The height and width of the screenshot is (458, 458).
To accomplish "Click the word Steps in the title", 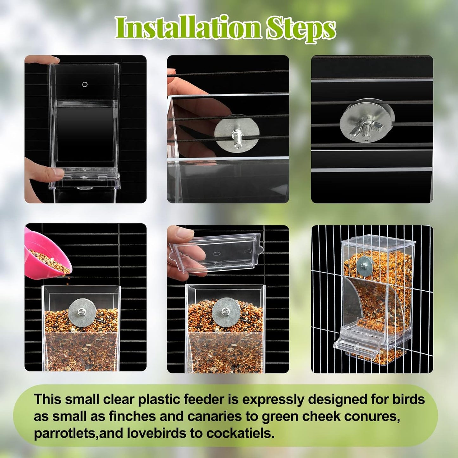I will [300, 29].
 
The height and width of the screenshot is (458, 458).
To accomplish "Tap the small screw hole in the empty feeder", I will [85, 84].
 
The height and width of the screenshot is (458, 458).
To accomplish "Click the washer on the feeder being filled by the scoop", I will [82, 313].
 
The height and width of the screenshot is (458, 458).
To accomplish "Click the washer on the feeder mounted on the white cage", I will [365, 266].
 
